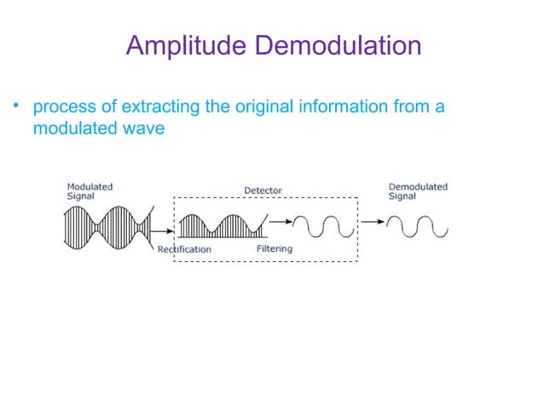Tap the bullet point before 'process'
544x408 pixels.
(x=14, y=108)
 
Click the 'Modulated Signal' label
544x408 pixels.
(x=90, y=190)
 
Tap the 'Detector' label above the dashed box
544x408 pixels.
(x=263, y=189)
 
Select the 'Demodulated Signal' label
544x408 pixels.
(x=418, y=190)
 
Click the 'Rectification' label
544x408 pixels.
(x=184, y=249)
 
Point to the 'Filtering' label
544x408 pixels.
(x=274, y=248)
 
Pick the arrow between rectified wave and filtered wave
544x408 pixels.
(x=280, y=224)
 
